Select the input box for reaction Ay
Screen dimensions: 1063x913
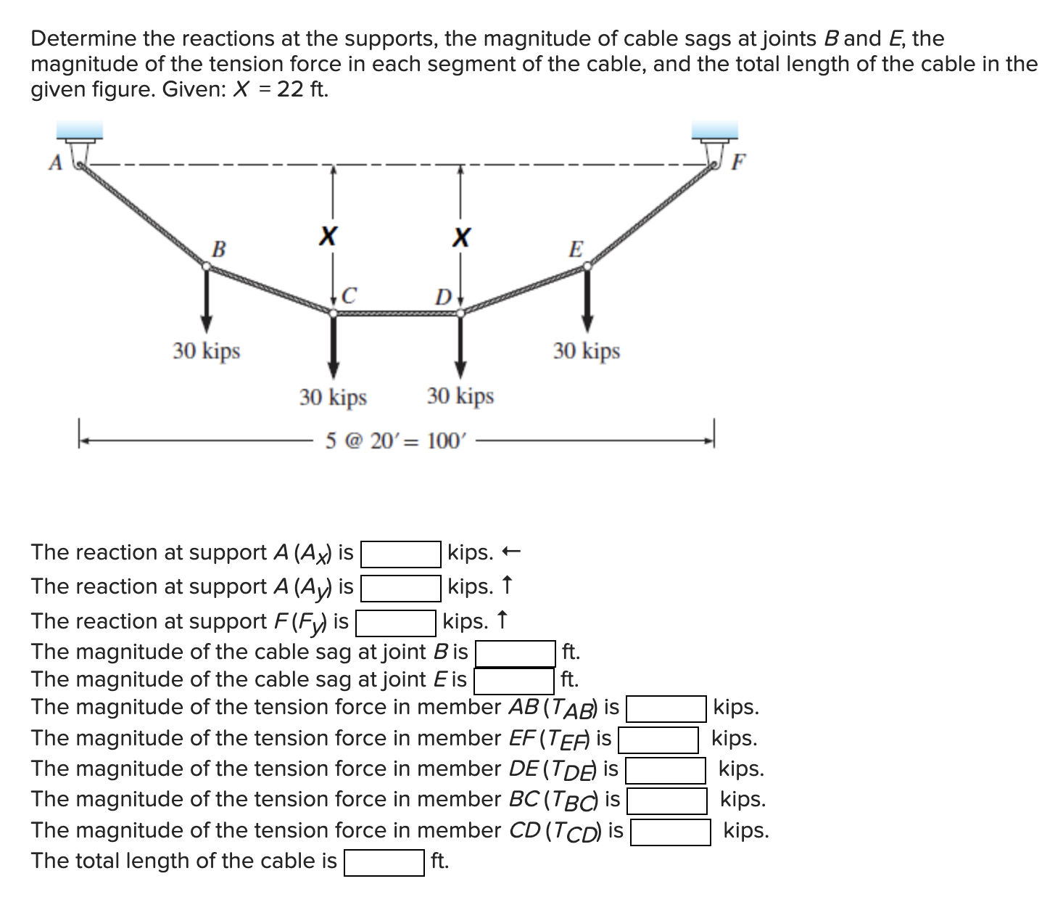pos(401,588)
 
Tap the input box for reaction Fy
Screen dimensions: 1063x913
pos(395,623)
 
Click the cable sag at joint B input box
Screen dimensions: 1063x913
pos(515,653)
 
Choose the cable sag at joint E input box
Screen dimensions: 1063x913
pos(514,681)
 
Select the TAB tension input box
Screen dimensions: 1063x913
pos(666,708)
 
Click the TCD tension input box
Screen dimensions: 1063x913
pos(670,832)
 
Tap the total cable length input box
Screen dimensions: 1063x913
pos(384,863)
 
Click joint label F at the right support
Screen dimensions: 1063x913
pos(737,161)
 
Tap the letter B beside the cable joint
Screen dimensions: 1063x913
pos(218,249)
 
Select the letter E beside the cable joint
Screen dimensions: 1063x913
pos(575,249)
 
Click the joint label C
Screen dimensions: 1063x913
pos(349,295)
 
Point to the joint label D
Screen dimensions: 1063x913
pos(442,297)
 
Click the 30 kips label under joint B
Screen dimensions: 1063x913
pos(207,351)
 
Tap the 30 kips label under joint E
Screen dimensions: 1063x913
pos(587,351)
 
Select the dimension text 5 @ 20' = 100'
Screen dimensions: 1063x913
pos(397,441)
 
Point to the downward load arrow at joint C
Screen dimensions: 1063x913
pos(333,348)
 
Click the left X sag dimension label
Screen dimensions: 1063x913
pos(328,236)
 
